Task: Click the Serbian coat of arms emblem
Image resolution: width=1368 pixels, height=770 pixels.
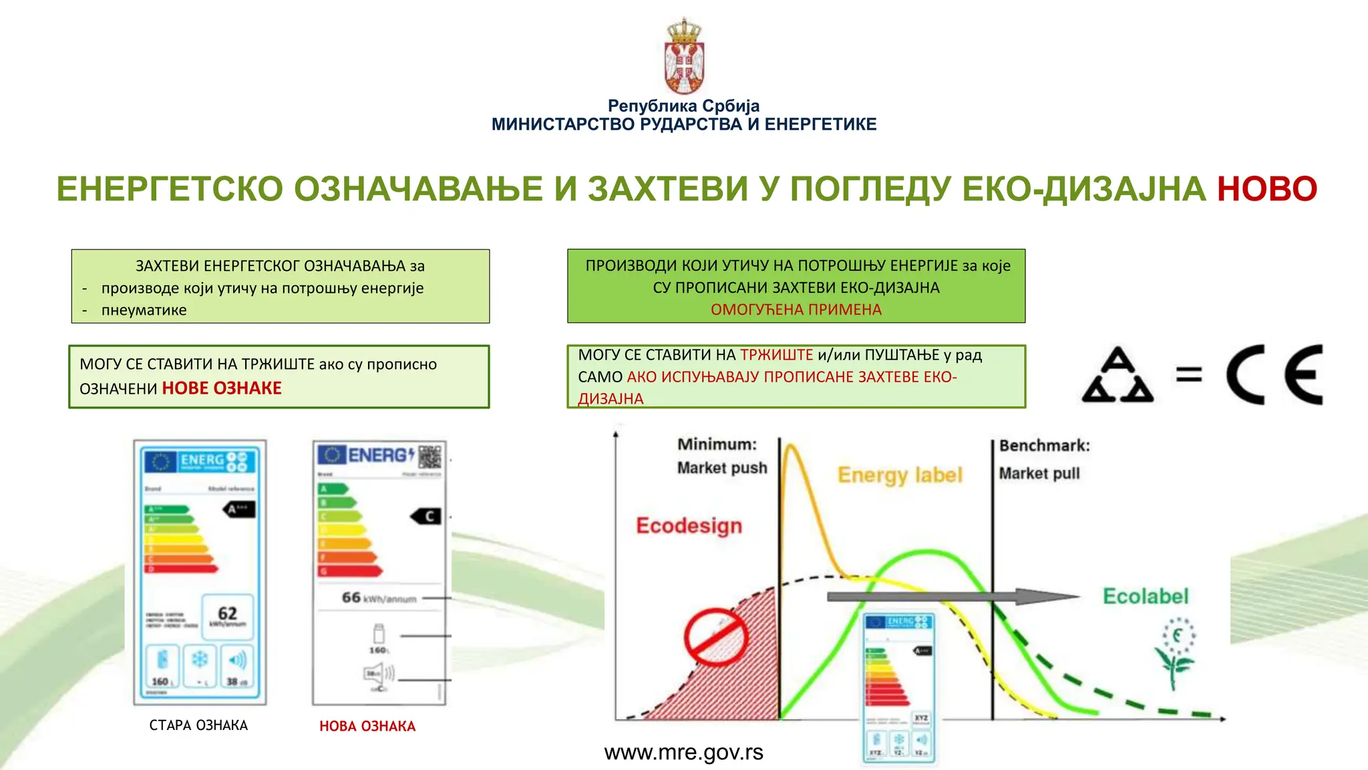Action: tap(684, 57)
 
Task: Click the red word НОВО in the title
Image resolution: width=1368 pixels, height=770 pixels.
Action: tap(1266, 189)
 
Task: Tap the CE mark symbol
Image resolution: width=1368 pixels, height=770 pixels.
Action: tap(1274, 374)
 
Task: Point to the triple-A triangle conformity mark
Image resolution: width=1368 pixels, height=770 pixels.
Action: tap(1118, 376)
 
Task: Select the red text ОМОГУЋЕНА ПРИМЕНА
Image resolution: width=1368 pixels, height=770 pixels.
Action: tap(796, 309)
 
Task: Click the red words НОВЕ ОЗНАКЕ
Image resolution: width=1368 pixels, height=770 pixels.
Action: tap(222, 388)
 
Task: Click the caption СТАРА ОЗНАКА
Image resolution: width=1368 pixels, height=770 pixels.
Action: tap(198, 725)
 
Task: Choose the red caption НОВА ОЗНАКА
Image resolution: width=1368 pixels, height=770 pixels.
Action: tap(367, 726)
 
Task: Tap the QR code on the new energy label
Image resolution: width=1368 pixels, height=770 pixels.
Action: tap(430, 457)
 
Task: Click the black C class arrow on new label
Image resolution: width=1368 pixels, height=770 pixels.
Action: tap(426, 516)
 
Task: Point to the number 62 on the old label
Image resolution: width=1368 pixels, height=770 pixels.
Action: tap(227, 613)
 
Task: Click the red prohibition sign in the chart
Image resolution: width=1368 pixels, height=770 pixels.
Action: tap(715, 637)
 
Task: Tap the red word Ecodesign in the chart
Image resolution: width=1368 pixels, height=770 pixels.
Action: tap(689, 525)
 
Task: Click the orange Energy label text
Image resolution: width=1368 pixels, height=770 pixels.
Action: tap(900, 475)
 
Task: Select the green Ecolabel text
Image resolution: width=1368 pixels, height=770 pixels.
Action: tap(1146, 596)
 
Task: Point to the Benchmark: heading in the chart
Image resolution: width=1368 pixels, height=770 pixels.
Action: tap(1044, 446)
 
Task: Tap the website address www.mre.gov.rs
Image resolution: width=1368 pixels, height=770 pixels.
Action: tap(683, 753)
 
